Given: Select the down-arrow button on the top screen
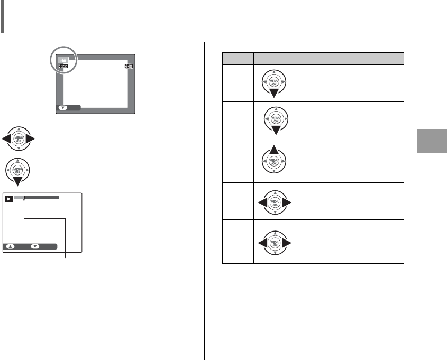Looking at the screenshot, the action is (x=63, y=108).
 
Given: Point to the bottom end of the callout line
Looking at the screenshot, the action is (x=65, y=257).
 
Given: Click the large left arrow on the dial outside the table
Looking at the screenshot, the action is (x=7, y=140).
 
